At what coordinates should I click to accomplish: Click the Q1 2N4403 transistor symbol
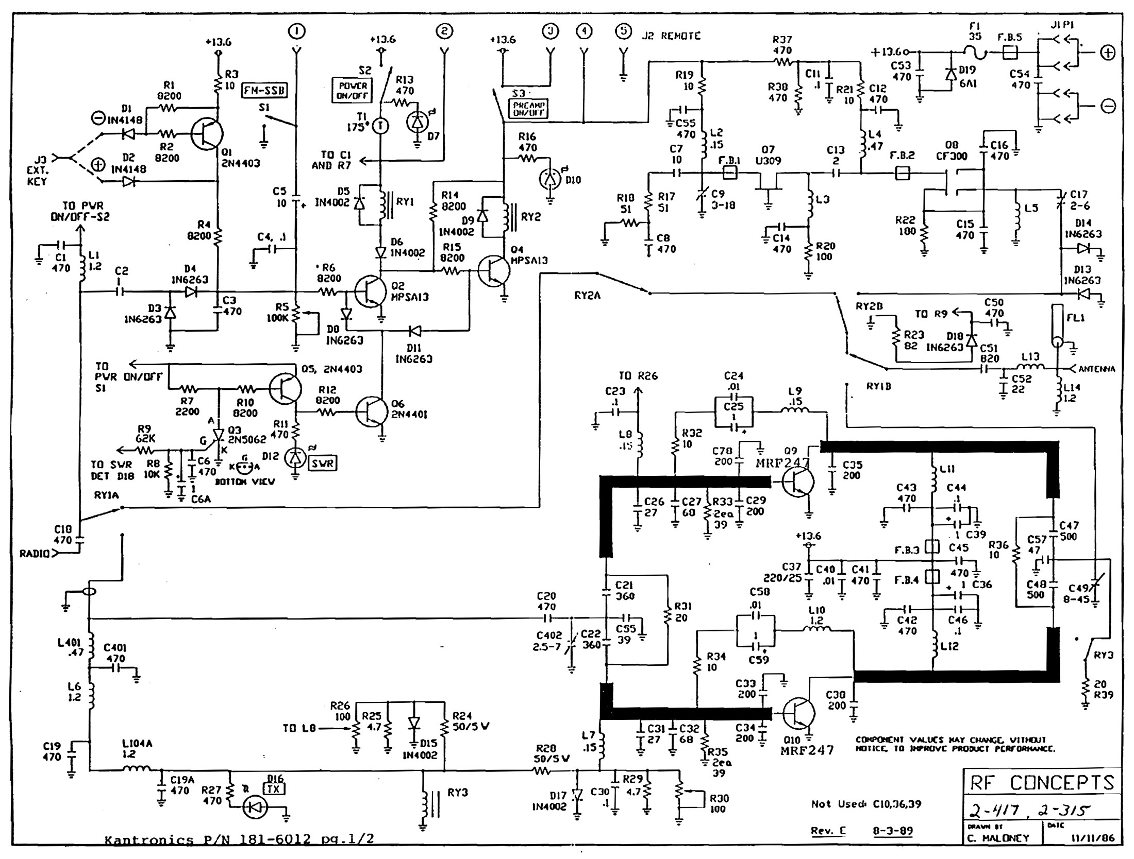click(207, 133)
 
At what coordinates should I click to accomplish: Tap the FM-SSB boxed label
click(264, 91)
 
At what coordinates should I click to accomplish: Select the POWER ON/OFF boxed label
click(352, 91)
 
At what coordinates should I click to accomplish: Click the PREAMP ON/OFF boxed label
click(529, 109)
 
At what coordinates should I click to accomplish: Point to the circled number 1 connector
click(297, 31)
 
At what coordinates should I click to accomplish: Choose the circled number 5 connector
click(624, 31)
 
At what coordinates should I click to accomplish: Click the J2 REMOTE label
click(671, 36)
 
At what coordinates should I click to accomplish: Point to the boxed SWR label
click(323, 463)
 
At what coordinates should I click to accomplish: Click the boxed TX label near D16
click(274, 789)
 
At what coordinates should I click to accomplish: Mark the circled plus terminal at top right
click(1108, 53)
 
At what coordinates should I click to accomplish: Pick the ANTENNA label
click(1097, 369)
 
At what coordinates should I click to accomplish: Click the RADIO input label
click(35, 554)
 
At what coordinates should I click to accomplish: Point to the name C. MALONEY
click(998, 838)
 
